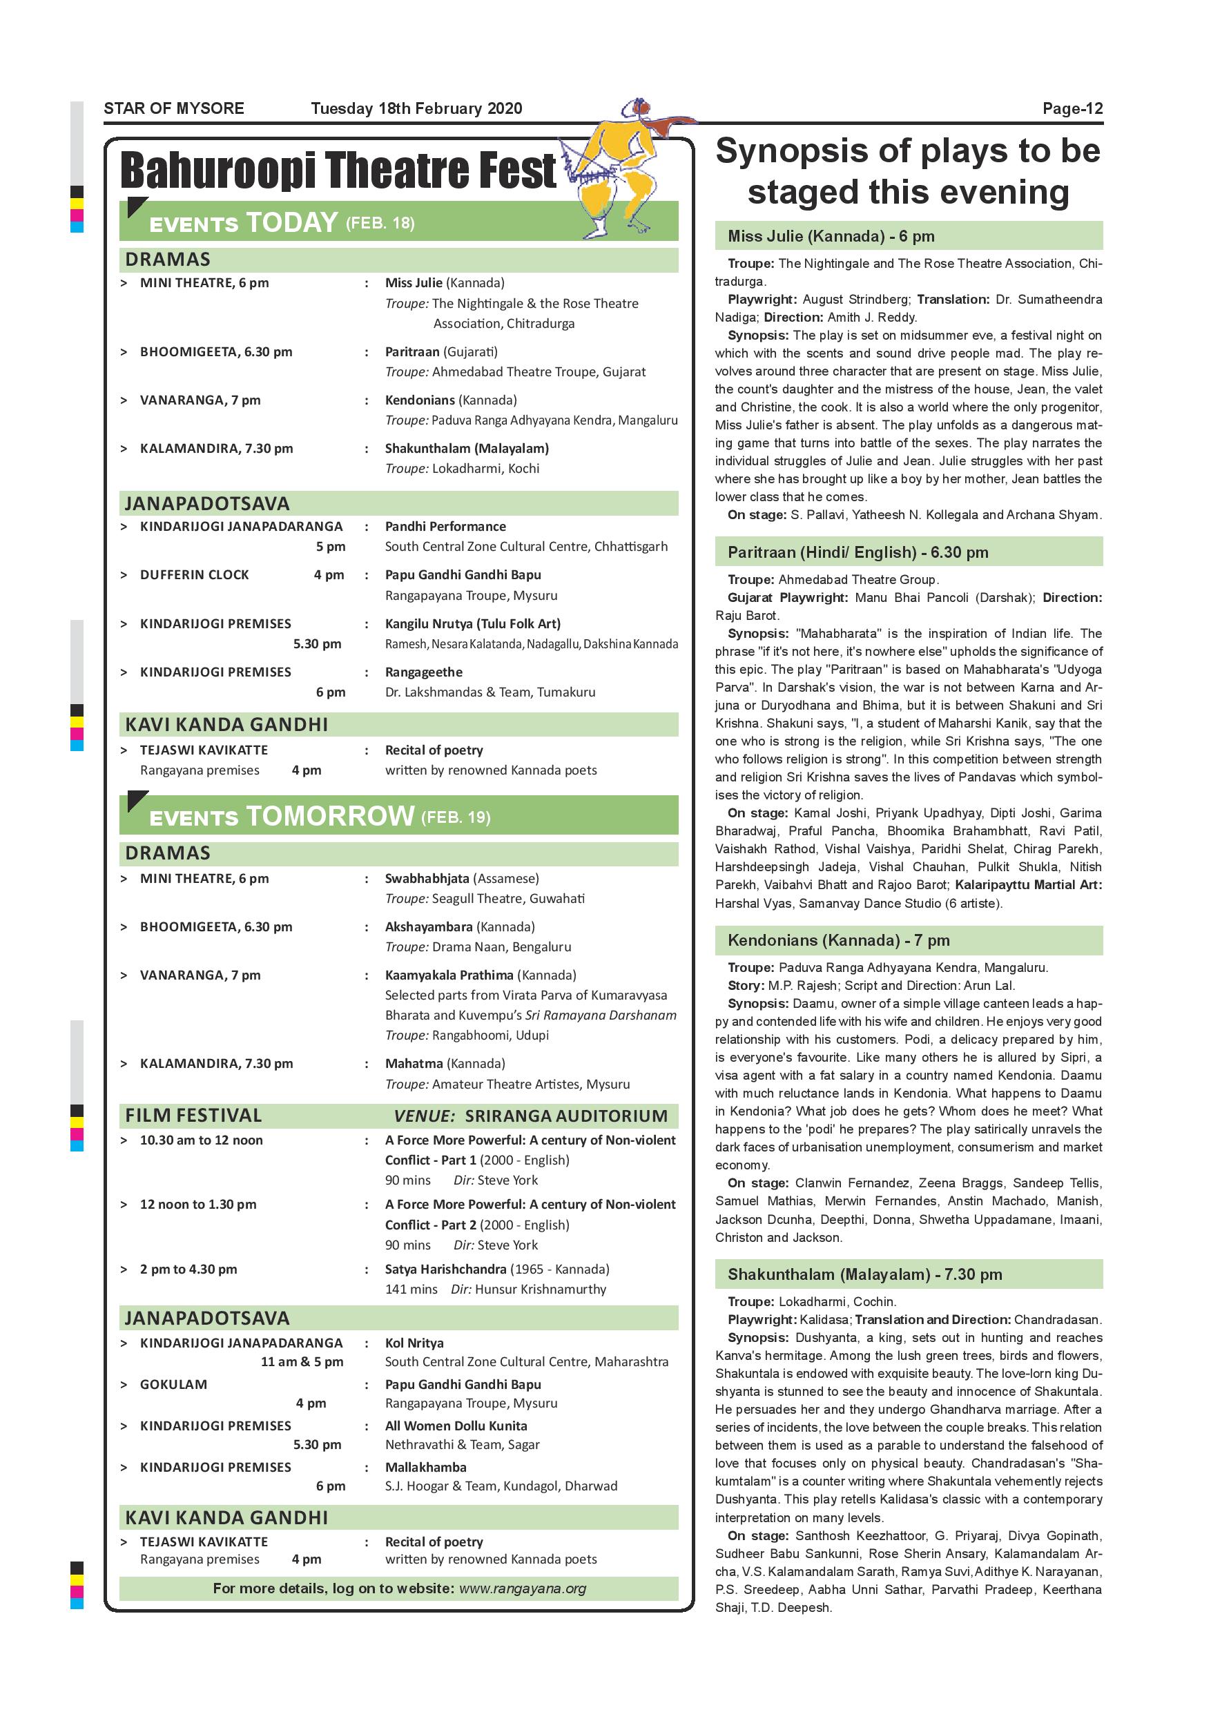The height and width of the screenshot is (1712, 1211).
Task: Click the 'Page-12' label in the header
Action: (x=1072, y=109)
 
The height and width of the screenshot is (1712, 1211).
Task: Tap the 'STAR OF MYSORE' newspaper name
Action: (x=174, y=109)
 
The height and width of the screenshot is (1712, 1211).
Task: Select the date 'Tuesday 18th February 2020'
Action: (x=416, y=109)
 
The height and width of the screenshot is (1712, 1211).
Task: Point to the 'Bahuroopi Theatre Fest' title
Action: (x=338, y=170)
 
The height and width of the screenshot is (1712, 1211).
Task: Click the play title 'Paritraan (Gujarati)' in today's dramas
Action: (x=440, y=352)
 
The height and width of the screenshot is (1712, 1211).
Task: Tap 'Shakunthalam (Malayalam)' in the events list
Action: (x=467, y=449)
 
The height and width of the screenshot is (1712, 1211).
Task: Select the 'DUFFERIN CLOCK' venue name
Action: (x=195, y=575)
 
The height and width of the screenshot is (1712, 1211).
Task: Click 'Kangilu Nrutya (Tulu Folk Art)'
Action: (x=473, y=624)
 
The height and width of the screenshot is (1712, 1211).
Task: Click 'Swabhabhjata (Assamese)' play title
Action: (x=462, y=878)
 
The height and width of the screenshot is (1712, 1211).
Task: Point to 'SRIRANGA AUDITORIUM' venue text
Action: (x=566, y=1116)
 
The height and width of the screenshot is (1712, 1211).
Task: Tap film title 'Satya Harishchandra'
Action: (x=446, y=1269)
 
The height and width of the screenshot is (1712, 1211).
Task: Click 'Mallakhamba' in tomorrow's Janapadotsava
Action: (x=426, y=1468)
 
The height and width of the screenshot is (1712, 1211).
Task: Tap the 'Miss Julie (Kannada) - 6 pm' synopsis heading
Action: (x=831, y=236)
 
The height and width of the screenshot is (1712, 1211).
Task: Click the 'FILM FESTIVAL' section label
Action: (x=193, y=1116)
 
